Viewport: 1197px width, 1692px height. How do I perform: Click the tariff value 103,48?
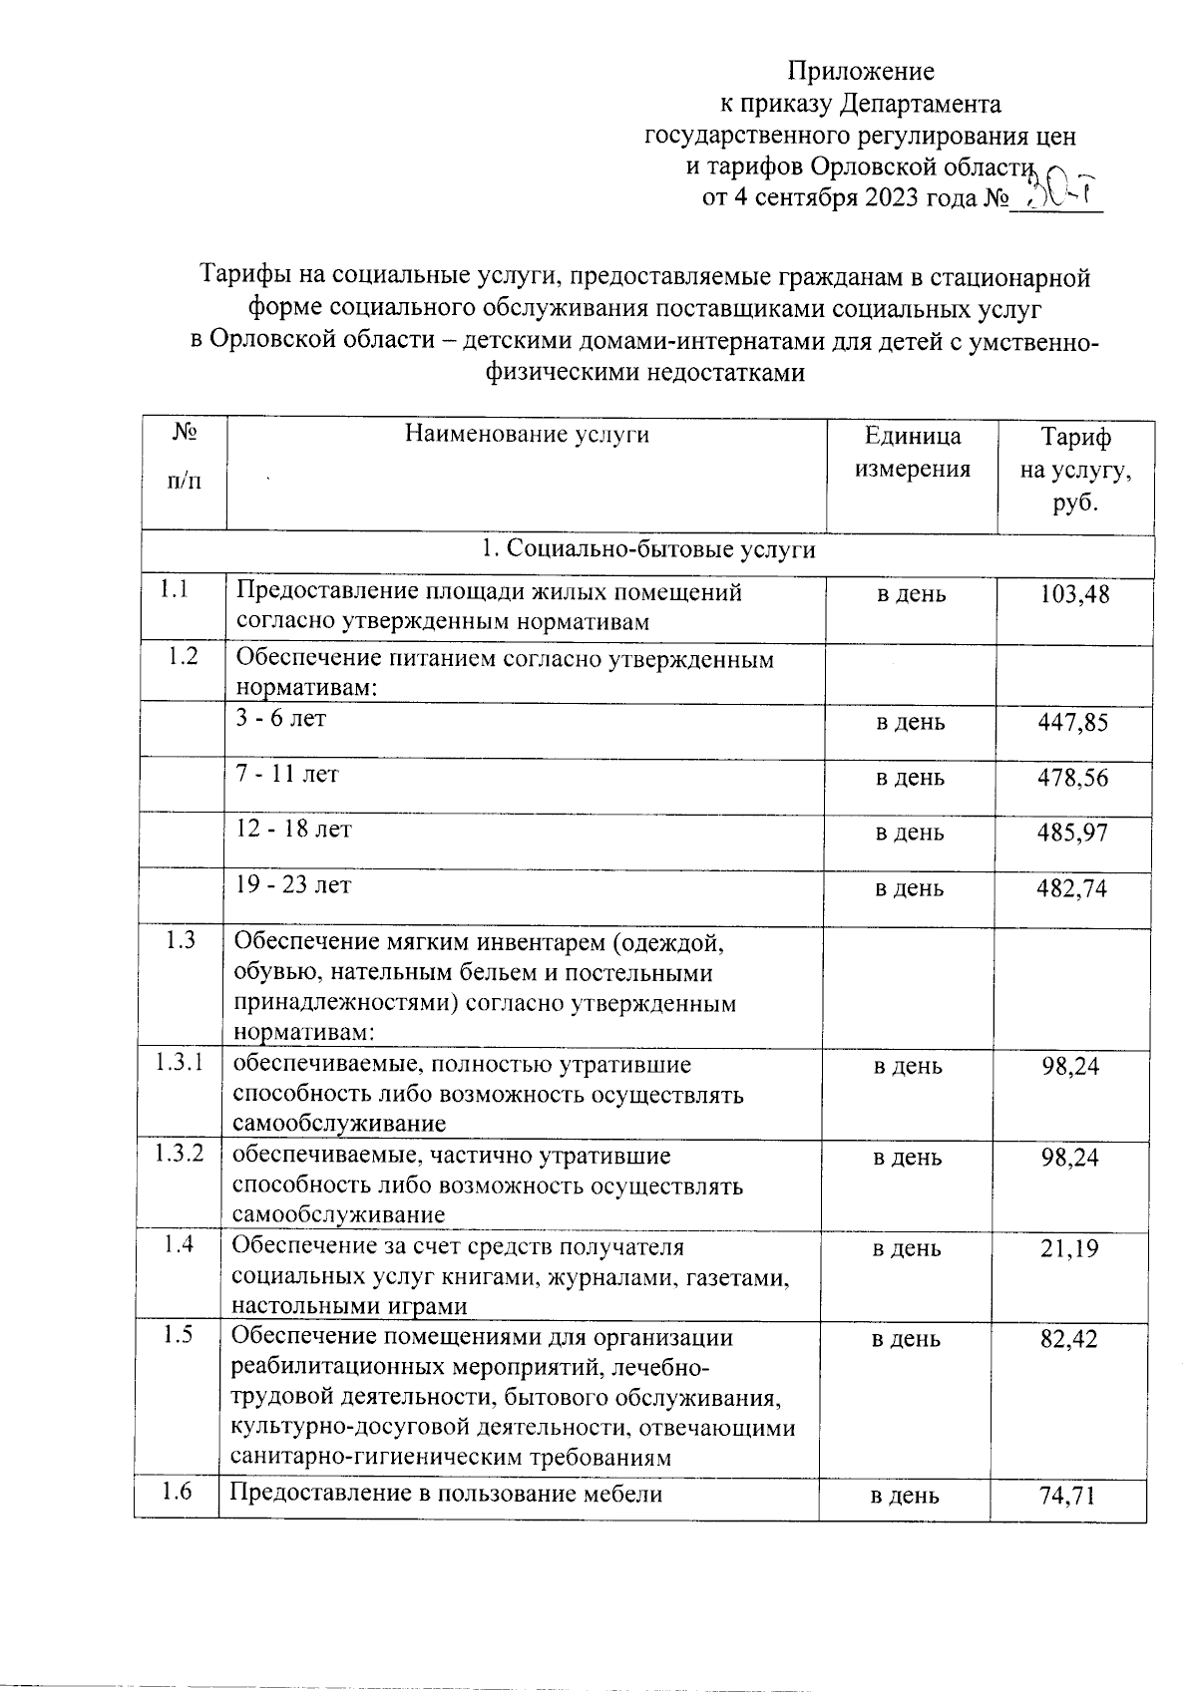[1074, 595]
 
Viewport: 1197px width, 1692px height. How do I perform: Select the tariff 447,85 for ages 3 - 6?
[1074, 722]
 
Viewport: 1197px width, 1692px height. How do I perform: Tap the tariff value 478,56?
[1074, 778]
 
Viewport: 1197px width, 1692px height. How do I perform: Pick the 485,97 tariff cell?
[1074, 833]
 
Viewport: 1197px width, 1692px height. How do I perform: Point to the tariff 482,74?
[1074, 888]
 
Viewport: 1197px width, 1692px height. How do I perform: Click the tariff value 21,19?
[1070, 1248]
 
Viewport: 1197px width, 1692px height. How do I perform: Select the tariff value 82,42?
[1069, 1339]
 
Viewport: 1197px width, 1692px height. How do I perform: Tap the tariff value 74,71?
[1068, 1495]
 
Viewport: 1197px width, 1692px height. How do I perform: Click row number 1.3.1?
[180, 1063]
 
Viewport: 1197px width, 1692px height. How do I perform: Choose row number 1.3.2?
[180, 1154]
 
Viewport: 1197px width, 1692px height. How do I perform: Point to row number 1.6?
[178, 1492]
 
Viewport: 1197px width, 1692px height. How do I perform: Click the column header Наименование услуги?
[527, 435]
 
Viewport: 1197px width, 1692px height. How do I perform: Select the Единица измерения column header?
[912, 452]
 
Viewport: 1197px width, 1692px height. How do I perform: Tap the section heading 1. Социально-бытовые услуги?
[648, 550]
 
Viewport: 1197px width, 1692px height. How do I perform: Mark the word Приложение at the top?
[862, 71]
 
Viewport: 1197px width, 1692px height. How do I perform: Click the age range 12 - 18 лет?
[294, 830]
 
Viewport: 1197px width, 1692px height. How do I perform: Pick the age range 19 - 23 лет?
[294, 885]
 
